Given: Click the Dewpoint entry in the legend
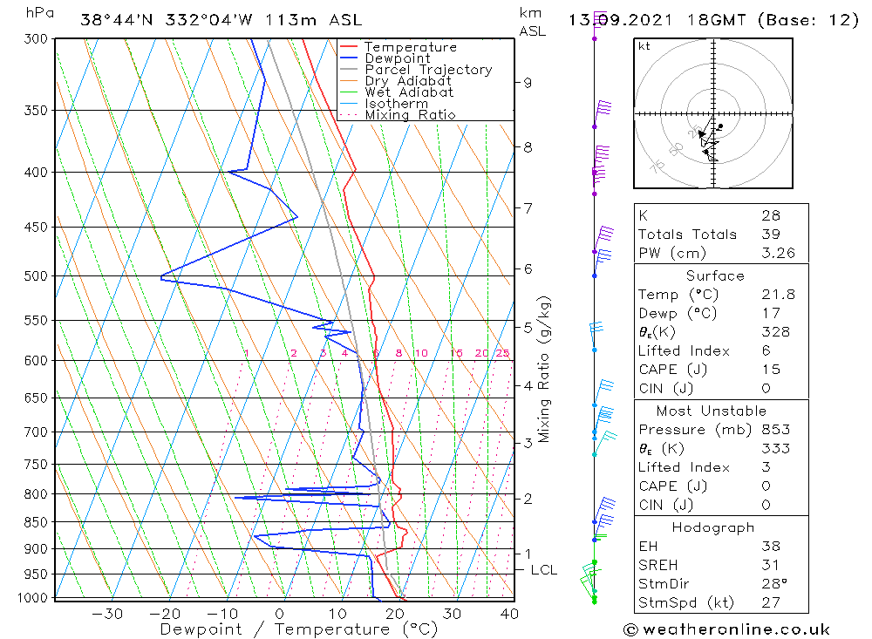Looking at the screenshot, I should [397, 58].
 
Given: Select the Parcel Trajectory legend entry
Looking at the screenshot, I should [428, 70].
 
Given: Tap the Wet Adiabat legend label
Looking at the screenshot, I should [409, 92].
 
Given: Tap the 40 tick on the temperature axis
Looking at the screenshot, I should [509, 614].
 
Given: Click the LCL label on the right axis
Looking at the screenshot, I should [544, 570].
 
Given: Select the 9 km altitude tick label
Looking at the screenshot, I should [528, 83].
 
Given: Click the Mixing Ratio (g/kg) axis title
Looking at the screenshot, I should [545, 370].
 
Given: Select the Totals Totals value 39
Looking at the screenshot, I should [770, 235].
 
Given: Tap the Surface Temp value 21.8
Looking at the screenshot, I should [778, 295].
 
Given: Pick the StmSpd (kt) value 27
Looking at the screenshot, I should [770, 602].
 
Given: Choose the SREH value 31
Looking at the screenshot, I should [770, 565].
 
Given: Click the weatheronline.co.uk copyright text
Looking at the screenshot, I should [726, 629].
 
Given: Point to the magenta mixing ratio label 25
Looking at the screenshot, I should [502, 353].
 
